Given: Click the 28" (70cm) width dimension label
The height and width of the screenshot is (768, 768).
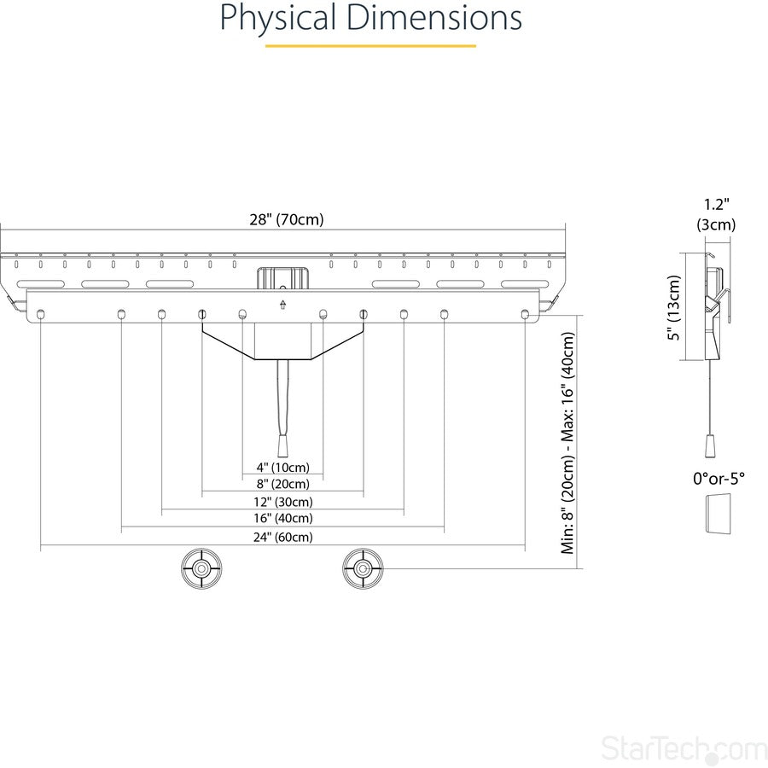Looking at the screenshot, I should click(286, 219).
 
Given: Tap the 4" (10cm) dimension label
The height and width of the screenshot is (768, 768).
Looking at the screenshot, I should click(282, 468).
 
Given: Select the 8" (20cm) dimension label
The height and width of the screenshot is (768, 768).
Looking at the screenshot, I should click(282, 485).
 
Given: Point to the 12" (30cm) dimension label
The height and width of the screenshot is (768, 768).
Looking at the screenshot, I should click(282, 502).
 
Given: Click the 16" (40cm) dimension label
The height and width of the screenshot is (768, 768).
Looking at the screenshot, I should click(282, 519).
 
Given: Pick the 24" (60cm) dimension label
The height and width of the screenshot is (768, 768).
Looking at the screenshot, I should click(282, 537).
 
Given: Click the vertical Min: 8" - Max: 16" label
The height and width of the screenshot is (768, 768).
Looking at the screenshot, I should click(568, 443).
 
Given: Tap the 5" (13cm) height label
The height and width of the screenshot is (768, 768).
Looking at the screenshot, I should click(674, 307).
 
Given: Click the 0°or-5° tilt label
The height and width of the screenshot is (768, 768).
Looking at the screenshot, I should click(719, 479).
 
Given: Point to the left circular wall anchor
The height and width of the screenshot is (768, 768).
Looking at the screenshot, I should click(201, 568).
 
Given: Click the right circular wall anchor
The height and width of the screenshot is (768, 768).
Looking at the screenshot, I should click(364, 568).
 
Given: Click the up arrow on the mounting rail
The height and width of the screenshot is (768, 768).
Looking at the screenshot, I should click(282, 304).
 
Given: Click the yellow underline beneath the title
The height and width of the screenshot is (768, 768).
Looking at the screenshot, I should click(370, 45).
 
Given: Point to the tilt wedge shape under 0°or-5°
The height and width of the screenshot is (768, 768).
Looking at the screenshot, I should click(716, 514).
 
